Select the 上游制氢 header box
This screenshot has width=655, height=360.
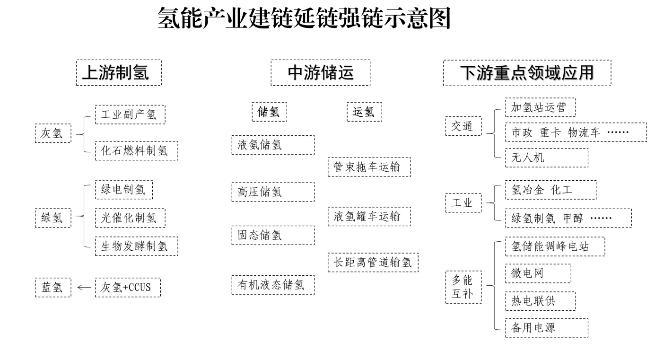coord(119,72)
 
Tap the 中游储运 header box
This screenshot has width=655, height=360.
coord(320,72)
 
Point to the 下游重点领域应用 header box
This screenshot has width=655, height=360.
coord(527,72)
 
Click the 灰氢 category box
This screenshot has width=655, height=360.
coord(53,133)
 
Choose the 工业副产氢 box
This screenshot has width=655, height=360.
coord(130,114)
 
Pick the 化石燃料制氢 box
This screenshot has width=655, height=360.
coord(136,151)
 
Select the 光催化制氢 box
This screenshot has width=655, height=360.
coord(130,218)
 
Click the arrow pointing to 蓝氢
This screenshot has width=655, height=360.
coord(84,287)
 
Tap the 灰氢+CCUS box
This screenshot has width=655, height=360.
coord(128,287)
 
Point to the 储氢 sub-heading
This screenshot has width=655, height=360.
coord(269,112)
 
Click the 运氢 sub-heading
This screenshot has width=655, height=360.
coord(364,112)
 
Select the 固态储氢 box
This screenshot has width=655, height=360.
coord(273,235)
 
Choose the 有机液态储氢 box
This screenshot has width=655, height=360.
coord(273,285)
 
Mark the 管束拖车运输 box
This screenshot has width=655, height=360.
coord(369,167)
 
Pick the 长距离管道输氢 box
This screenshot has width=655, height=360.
coord(373,263)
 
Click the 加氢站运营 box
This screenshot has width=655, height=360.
coord(540,107)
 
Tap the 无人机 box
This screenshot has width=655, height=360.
coord(546,158)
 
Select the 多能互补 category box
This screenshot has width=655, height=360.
coord(463,287)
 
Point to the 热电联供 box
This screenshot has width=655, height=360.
coord(540,301)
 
